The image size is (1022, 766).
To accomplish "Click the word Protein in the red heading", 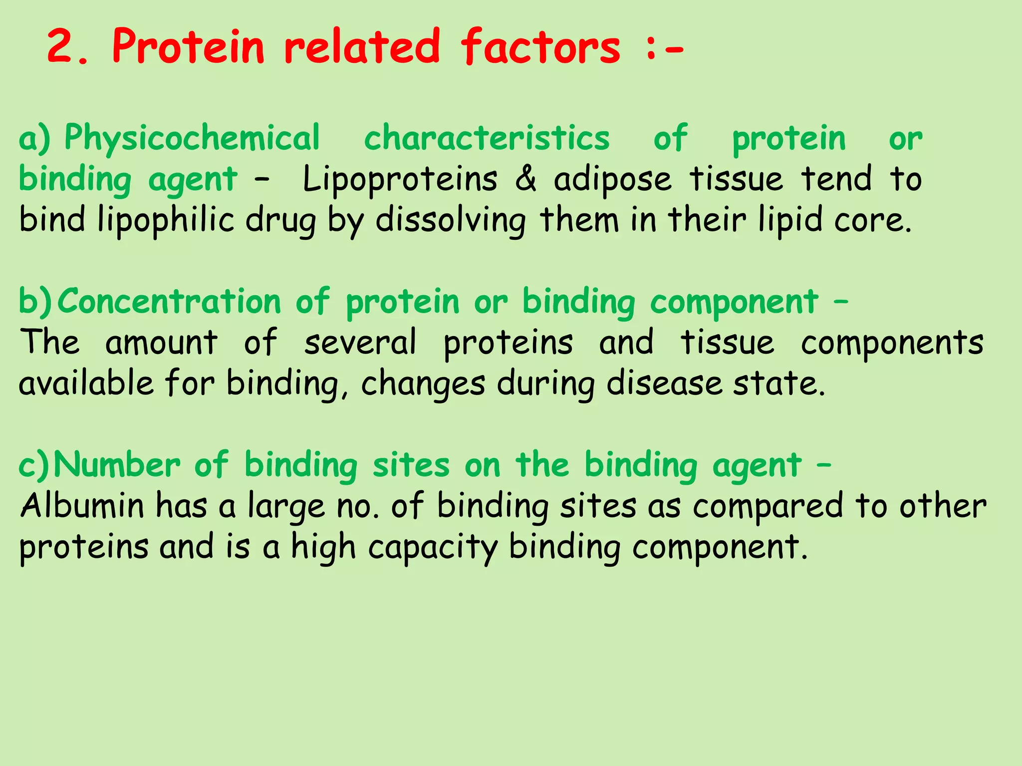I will pos(188,47).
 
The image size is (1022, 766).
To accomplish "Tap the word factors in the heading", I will pos(540,47).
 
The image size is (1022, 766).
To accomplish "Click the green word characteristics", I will pos(487,139).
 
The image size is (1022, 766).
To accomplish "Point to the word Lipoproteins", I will pos(400,180).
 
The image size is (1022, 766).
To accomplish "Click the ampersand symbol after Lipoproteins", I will pos(525,179).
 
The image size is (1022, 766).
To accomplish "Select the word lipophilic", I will pos(166,221).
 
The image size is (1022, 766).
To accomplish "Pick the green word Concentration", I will pos(170,302).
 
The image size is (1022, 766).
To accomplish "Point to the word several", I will pos(360,343).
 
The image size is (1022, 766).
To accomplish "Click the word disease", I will pos(664,384).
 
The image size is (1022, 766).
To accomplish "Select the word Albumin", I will pos(82,506).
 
